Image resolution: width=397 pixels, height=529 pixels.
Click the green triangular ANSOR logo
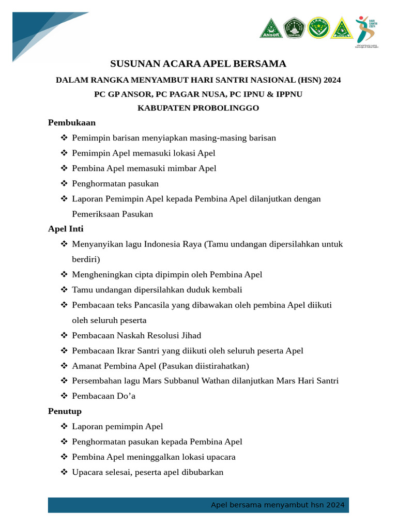pos(271,28)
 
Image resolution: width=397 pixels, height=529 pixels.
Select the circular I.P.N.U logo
pos(318,28)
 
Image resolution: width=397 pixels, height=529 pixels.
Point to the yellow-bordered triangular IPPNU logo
pos(342,28)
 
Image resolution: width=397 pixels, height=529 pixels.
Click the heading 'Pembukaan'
pos(72,122)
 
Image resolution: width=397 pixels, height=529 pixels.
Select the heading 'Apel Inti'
pos(66,228)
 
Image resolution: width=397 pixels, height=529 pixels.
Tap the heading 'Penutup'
pos(65,411)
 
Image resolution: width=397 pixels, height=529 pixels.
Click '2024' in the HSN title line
pos(332,80)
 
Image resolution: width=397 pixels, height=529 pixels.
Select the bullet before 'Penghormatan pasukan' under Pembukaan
pos(64,183)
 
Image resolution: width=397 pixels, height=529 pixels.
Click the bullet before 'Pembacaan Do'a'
pos(64,396)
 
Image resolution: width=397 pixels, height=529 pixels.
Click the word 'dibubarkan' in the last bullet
pos(201,472)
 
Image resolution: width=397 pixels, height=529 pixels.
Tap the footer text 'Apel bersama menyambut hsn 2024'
pos(278,505)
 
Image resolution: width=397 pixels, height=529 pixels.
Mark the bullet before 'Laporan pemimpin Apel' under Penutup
pos(64,427)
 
